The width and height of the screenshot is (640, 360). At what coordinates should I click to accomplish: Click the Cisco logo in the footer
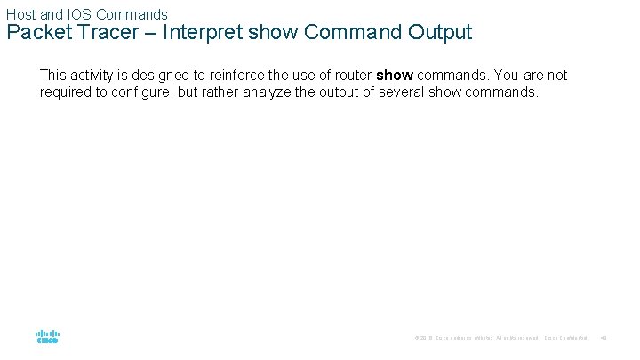tap(47, 338)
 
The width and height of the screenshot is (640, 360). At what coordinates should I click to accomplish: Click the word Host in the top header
tap(21, 14)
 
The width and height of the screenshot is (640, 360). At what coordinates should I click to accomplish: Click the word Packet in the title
tap(36, 34)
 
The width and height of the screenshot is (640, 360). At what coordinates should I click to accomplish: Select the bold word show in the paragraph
tap(395, 76)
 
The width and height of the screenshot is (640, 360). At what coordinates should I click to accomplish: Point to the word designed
tap(166, 76)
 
